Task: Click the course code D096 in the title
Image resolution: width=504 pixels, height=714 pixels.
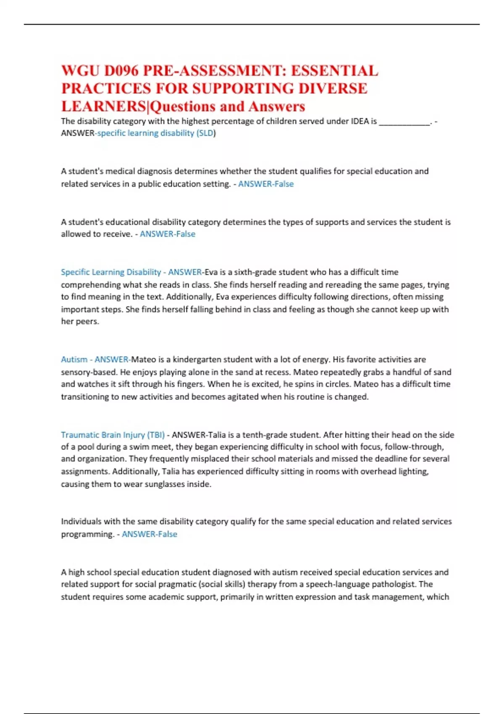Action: (x=121, y=71)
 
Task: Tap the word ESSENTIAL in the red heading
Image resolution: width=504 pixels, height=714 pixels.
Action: (x=334, y=71)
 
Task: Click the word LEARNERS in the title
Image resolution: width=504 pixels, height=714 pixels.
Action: (x=103, y=106)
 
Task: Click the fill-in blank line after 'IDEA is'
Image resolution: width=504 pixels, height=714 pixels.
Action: (x=404, y=122)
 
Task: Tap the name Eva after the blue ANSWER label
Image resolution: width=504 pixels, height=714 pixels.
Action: (x=211, y=272)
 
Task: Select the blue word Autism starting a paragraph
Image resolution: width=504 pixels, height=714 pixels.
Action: (x=74, y=360)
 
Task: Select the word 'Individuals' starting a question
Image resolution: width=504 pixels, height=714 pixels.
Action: (x=81, y=522)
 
